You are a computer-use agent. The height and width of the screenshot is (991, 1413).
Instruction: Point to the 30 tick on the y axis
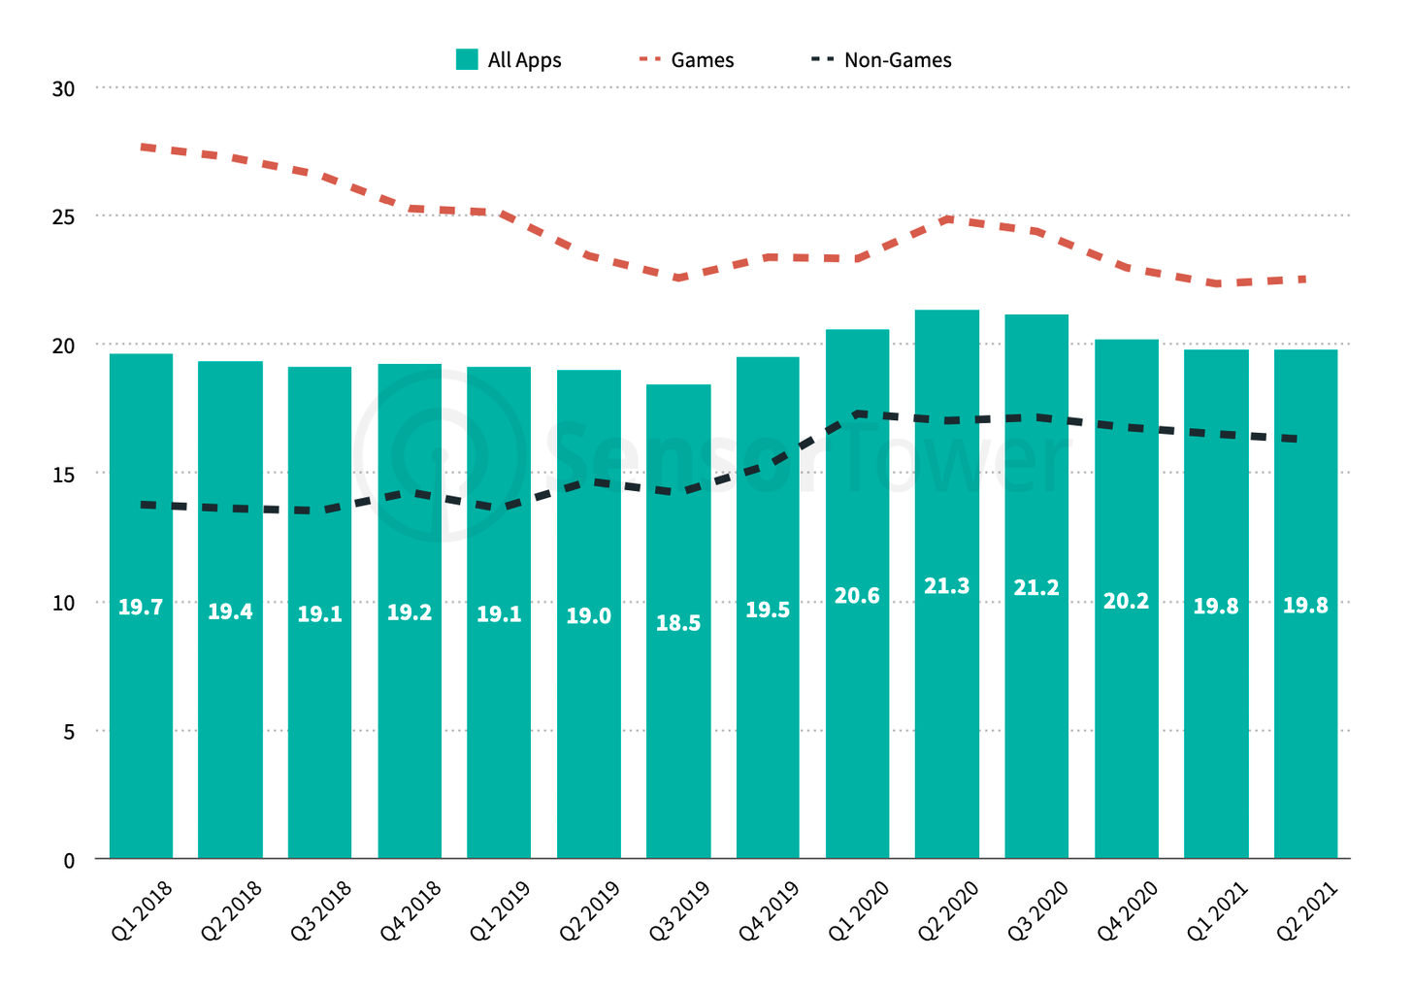pos(63,89)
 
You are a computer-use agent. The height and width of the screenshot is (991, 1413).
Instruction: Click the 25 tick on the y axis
pos(63,217)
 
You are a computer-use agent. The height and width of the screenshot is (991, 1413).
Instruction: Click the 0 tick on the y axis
pos(69,861)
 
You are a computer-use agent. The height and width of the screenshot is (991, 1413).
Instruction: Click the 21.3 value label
pos(947,586)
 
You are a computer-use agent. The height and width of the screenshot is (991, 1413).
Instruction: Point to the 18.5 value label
pos(678,624)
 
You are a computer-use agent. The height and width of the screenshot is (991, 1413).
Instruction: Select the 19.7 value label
pos(141,608)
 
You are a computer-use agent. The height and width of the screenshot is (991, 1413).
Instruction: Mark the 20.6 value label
pos(857,596)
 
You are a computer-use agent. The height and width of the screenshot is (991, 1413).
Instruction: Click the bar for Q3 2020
pos(1036,679)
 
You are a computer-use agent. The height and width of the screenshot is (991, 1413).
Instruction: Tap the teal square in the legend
pos(467,60)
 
